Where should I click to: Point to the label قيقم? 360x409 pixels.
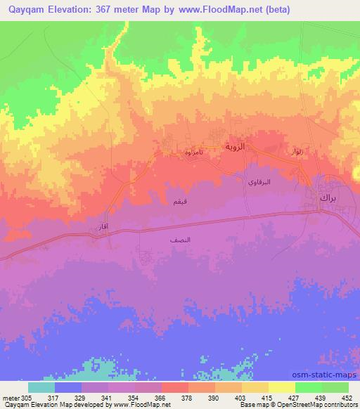point(180,202)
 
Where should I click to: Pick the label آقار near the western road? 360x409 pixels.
point(100,228)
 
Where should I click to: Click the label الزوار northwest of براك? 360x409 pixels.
point(296,151)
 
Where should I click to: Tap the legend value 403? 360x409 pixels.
point(242,398)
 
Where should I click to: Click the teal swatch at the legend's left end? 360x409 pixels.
point(41,387)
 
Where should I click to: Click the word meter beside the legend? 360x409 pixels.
point(10,398)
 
